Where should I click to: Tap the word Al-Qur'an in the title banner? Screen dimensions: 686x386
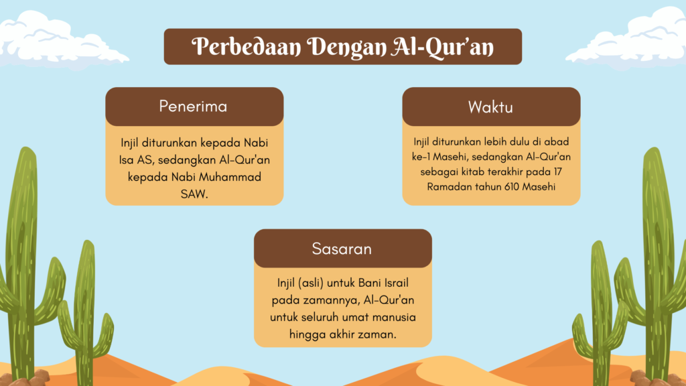pyautogui.click(x=442, y=47)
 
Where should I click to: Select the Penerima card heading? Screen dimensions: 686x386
pyautogui.click(x=193, y=107)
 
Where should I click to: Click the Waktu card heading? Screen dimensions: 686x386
pyautogui.click(x=490, y=107)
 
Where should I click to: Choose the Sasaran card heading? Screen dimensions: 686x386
pyautogui.click(x=342, y=249)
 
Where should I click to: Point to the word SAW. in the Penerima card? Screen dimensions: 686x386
pyautogui.click(x=194, y=194)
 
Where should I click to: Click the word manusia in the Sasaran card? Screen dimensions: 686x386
pyautogui.click(x=397, y=317)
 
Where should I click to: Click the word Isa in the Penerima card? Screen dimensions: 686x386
pyautogui.click(x=127, y=159)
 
